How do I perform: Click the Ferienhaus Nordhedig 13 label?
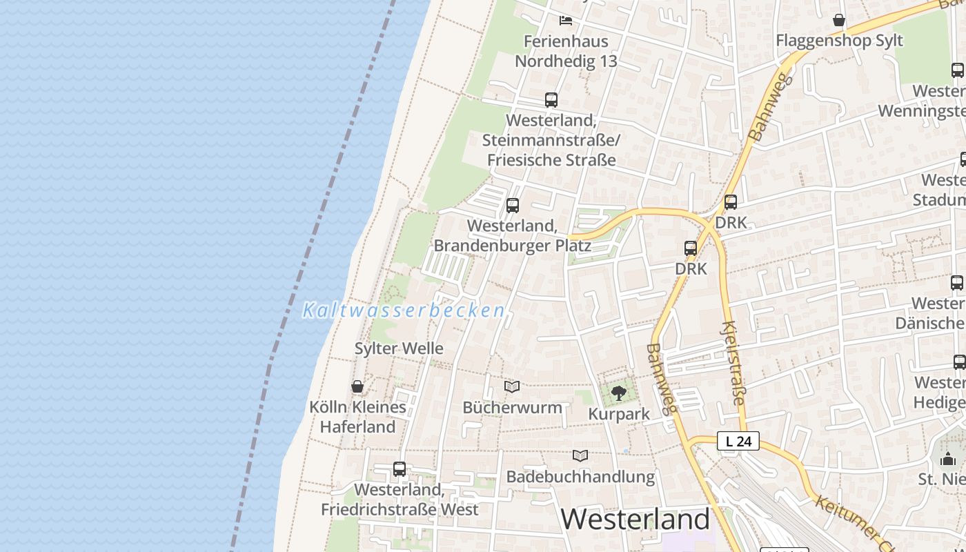(x=566, y=51)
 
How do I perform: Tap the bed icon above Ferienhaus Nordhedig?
(x=566, y=21)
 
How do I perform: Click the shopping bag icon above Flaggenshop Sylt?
(x=839, y=20)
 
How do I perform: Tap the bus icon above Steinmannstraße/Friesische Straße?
(x=551, y=100)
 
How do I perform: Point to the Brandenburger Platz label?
(x=512, y=235)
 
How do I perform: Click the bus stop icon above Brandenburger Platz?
(x=512, y=205)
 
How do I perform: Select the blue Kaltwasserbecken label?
(x=404, y=310)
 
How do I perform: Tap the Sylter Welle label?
(x=399, y=348)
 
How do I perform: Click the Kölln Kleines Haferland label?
(x=357, y=417)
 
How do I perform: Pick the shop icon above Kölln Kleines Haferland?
(x=357, y=386)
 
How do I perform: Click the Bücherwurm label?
(x=512, y=407)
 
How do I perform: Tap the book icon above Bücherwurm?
(x=512, y=386)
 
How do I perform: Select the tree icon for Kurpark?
(x=619, y=393)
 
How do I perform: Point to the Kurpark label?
(x=619, y=414)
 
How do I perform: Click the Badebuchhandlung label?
(x=580, y=476)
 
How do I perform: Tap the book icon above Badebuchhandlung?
(x=580, y=455)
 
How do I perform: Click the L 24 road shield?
(x=738, y=441)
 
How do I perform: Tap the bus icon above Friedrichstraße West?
(x=400, y=469)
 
